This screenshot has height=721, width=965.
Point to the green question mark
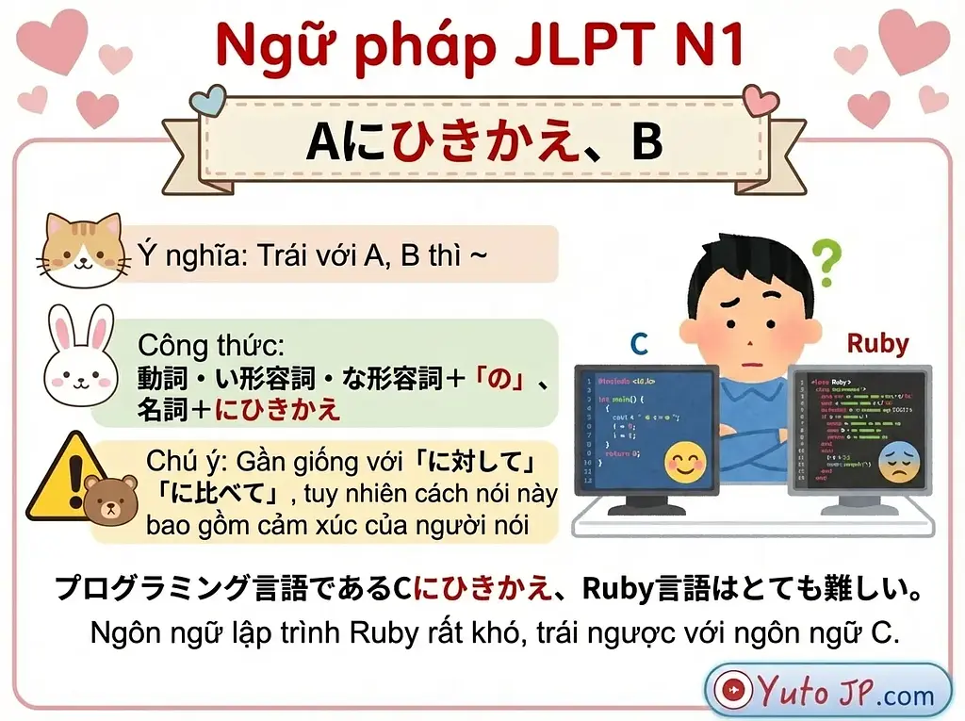click(x=826, y=262)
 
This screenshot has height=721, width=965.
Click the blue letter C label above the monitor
click(x=639, y=344)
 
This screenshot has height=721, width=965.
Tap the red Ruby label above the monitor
click(x=876, y=343)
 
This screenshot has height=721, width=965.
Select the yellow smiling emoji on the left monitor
click(x=685, y=461)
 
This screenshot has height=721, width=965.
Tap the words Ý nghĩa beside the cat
click(x=179, y=254)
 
